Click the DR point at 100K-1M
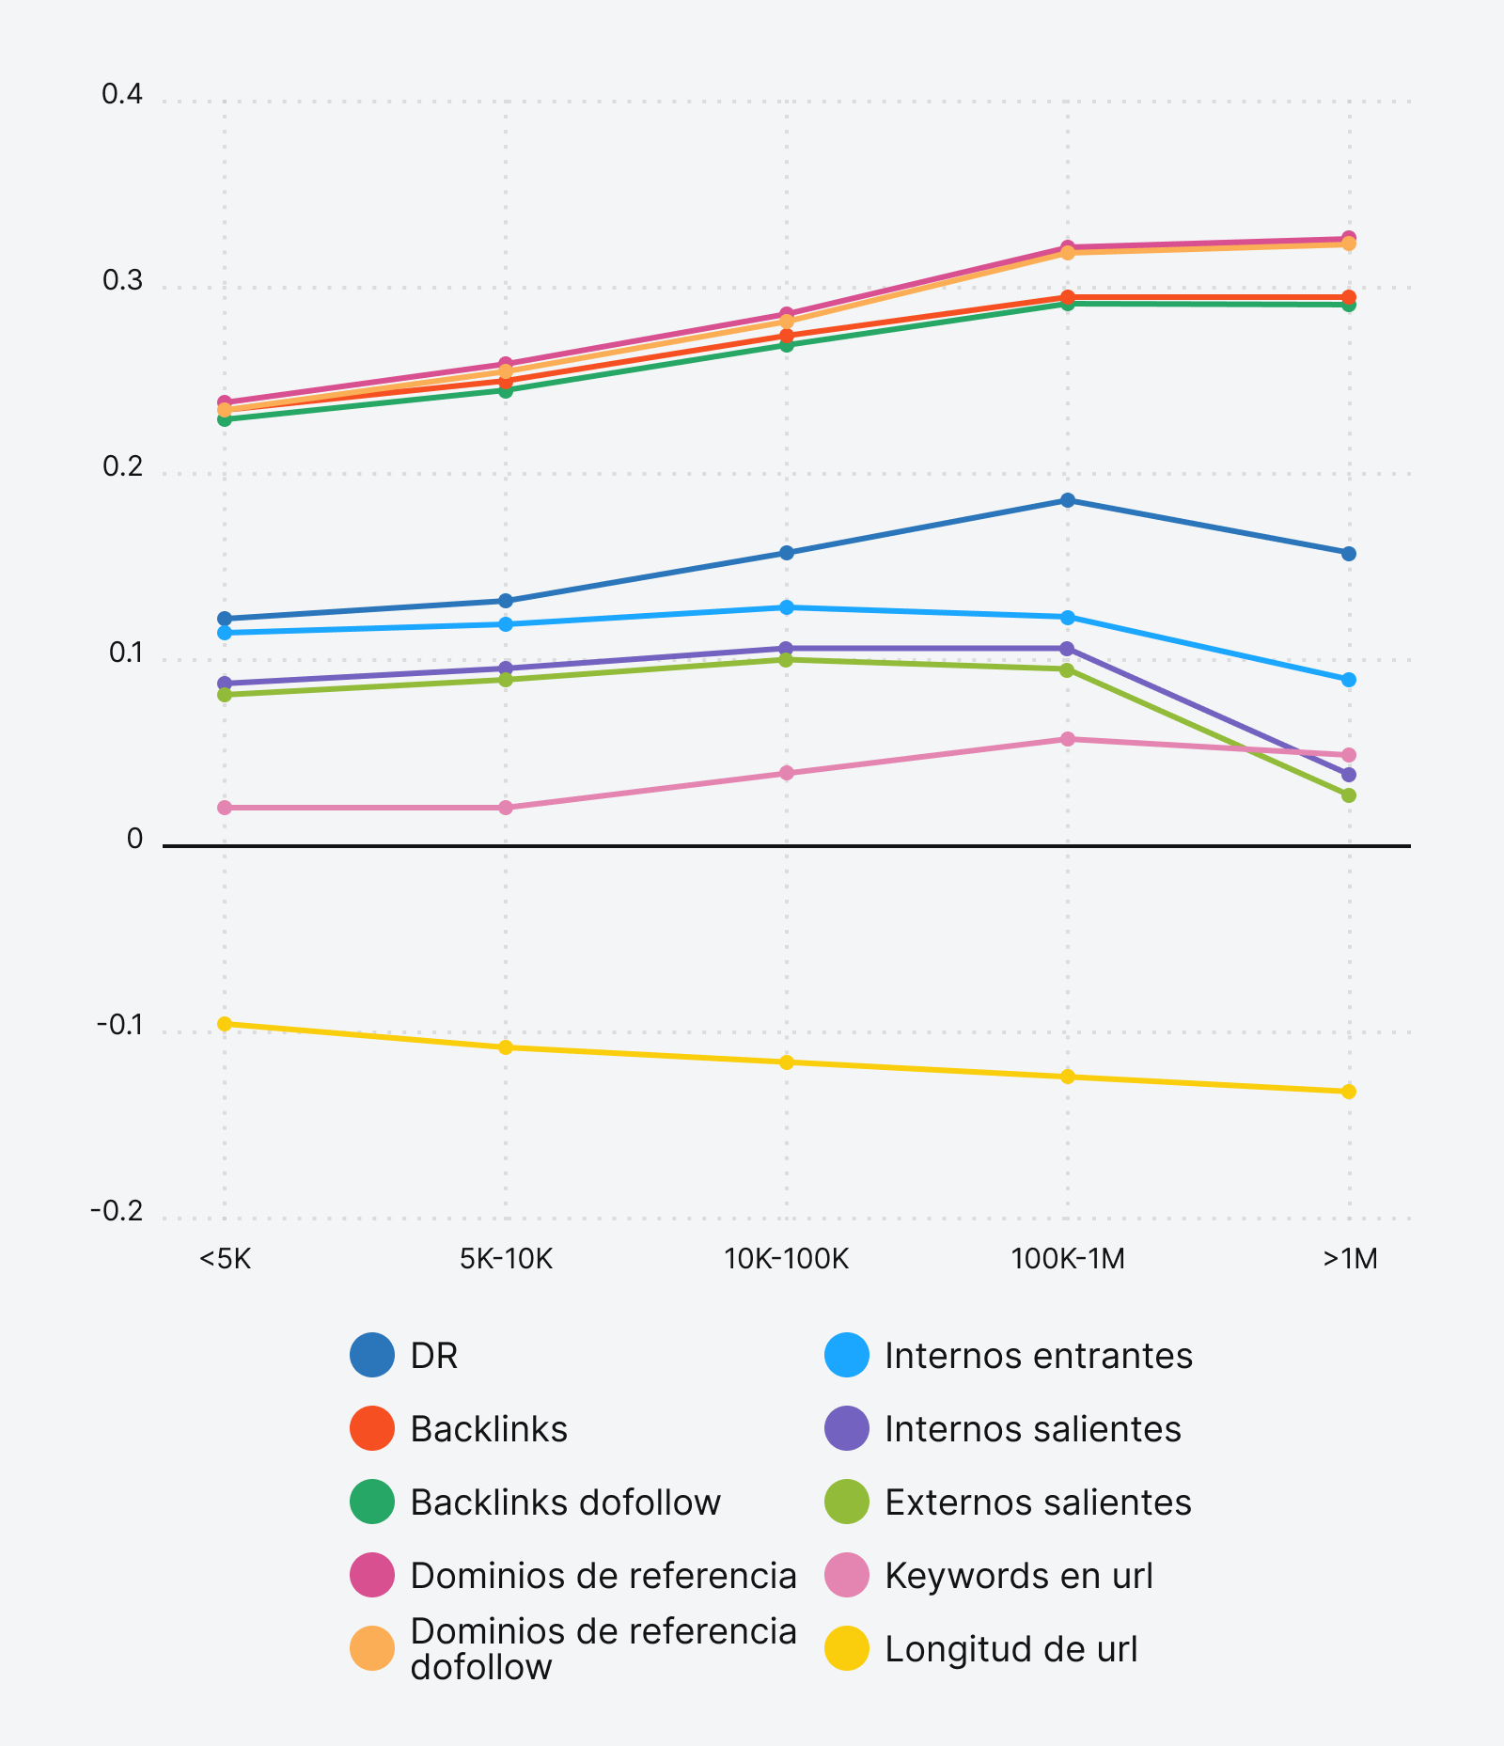(1068, 500)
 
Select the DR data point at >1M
(1349, 554)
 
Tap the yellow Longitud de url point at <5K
(225, 1024)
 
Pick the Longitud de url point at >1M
(1349, 1092)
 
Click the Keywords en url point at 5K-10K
(506, 808)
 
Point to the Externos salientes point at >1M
(1349, 795)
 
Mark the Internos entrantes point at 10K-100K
(787, 607)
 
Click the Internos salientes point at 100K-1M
(1067, 649)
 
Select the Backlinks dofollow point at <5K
(225, 419)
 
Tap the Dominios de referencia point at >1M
(1349, 237)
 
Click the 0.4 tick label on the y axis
(122, 94)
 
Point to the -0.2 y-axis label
(117, 1211)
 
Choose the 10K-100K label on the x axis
(786, 1258)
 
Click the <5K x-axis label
(225, 1258)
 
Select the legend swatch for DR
(372, 1356)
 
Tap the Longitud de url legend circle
(847, 1649)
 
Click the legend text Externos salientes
(1038, 1502)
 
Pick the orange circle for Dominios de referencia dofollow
(372, 1649)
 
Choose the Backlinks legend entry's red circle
(372, 1429)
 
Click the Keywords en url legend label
(1019, 1576)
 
